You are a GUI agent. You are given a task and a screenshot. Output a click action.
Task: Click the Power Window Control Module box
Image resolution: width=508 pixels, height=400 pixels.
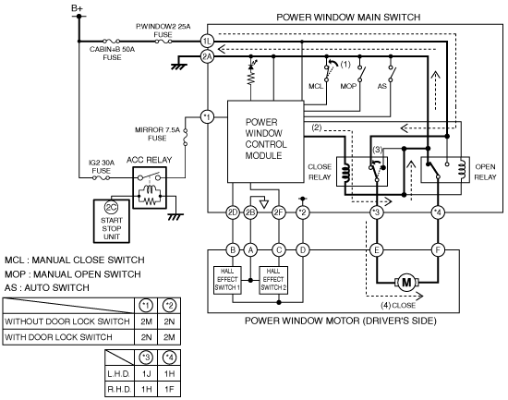(266, 141)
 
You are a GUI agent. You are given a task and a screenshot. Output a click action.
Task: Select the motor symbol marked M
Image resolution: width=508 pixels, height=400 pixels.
(406, 283)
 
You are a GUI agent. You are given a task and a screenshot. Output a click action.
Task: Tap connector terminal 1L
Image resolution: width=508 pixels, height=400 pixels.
(207, 42)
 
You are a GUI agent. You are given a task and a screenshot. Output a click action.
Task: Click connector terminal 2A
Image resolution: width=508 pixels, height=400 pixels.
(207, 56)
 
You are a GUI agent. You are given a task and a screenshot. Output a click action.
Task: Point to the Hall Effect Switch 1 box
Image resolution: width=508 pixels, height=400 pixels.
(227, 280)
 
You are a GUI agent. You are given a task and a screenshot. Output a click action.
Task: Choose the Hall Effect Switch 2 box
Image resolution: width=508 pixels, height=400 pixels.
(273, 280)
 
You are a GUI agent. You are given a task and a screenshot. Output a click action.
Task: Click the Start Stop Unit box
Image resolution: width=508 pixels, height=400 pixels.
(112, 221)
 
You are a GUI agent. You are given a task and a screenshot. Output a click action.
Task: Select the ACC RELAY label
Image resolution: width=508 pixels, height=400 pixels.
(149, 160)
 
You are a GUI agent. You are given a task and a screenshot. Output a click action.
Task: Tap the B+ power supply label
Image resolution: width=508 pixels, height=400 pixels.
(77, 8)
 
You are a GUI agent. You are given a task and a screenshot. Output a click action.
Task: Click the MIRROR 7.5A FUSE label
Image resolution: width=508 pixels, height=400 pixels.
(157, 134)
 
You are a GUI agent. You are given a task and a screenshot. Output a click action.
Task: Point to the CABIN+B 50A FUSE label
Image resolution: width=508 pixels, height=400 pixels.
(112, 54)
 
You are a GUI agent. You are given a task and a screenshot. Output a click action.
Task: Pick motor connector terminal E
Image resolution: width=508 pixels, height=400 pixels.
(377, 250)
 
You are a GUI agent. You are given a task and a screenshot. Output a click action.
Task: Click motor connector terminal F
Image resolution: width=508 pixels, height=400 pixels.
(438, 250)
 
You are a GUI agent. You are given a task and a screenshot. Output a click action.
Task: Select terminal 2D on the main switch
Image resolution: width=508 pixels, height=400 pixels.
(233, 212)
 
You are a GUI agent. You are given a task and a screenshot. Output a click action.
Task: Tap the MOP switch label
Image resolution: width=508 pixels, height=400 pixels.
(348, 86)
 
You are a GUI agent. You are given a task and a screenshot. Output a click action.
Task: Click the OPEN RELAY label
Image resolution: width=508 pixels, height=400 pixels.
(485, 172)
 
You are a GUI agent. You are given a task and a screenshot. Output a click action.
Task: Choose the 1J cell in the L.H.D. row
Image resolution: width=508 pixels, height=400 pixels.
(147, 374)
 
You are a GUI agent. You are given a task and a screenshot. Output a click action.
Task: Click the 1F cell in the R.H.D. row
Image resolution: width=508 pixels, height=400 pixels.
(169, 389)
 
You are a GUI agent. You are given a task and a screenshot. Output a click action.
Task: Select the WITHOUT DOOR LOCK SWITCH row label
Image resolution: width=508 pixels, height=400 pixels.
(67, 321)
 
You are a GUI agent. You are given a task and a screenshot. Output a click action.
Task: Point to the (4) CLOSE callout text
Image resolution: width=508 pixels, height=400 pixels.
(398, 306)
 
